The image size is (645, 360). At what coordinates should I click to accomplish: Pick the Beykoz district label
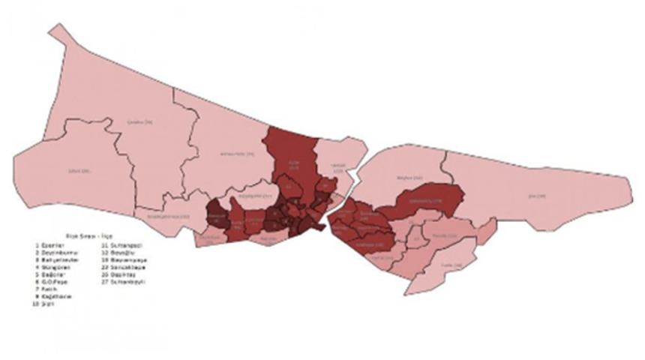406,178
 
